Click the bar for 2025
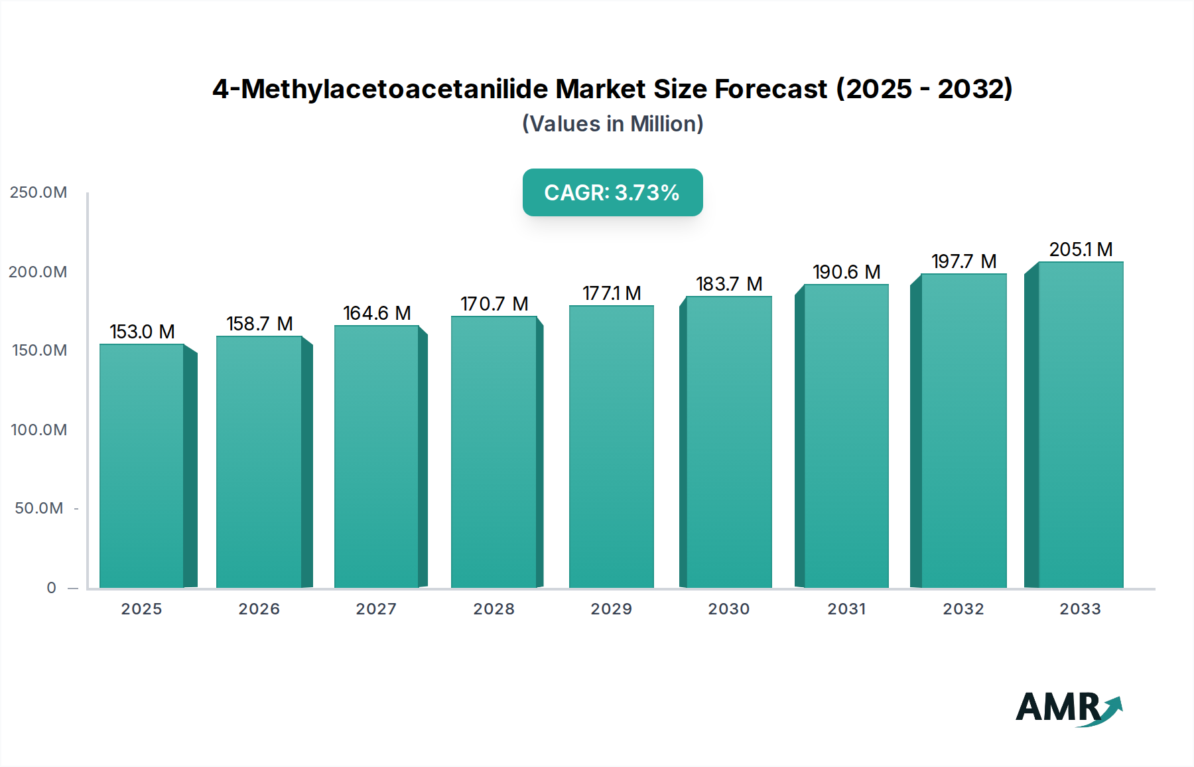pos(142,466)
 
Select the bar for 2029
pos(612,447)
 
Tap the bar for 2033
pos(1081,425)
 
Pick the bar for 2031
pos(846,436)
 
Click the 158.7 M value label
pos(259,324)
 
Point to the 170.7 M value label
pos(494,304)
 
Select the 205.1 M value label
pos(1081,249)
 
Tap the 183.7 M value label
pos(729,284)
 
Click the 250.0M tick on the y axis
pos(38,192)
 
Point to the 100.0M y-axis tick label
pos(38,430)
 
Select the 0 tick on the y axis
pos(51,588)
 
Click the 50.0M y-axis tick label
pos(38,508)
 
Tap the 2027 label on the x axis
pos(376,609)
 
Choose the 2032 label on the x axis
pos(963,609)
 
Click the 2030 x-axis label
pos(729,609)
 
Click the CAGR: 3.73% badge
pos(612,192)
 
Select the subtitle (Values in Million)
pos(612,124)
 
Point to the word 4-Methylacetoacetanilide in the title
pos(379,89)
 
